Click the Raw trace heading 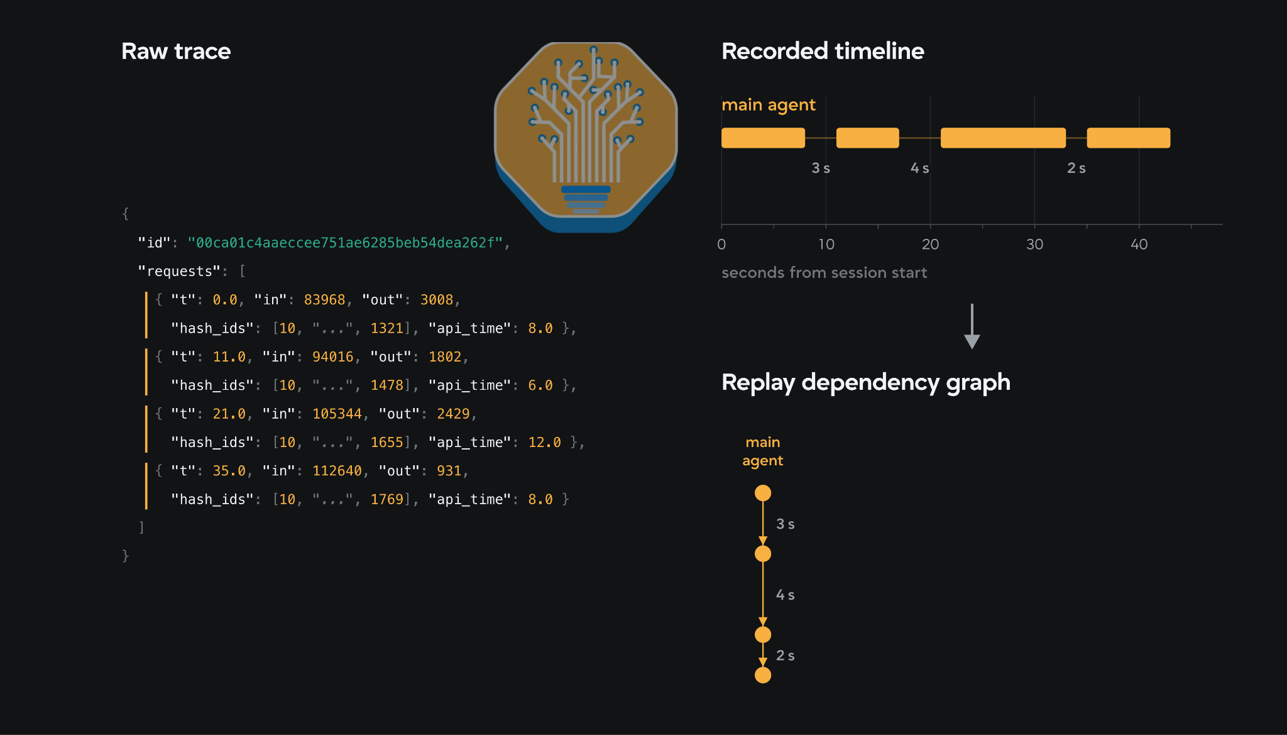tap(176, 51)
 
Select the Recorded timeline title tap(823, 51)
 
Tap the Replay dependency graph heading tap(866, 382)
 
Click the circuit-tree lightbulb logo tap(586, 136)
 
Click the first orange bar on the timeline tap(763, 138)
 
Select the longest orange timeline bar tap(1003, 138)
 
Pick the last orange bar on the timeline tap(1129, 138)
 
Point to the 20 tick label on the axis tap(930, 244)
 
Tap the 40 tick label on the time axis tap(1139, 244)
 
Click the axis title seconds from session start tap(824, 272)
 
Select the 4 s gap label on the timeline tap(920, 168)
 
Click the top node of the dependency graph tap(763, 493)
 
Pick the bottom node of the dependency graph tap(763, 675)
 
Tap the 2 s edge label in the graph tap(786, 655)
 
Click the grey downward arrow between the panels tap(972, 326)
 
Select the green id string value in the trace tap(345, 243)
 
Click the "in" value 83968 tap(324, 300)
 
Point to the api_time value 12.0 tap(544, 442)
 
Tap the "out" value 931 tap(449, 471)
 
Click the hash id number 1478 tap(386, 385)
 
